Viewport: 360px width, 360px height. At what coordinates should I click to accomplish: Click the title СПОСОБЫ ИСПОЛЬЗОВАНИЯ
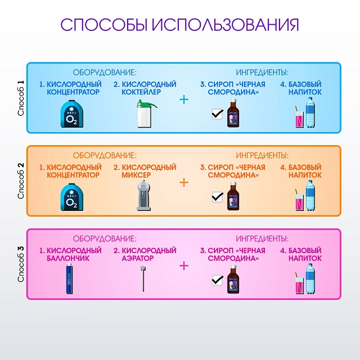coord(179,25)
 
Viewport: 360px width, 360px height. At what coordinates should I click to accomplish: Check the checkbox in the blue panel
coord(217,114)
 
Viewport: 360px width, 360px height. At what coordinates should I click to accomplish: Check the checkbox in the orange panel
coord(217,197)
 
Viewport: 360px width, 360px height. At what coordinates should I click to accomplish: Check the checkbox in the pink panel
coord(217,280)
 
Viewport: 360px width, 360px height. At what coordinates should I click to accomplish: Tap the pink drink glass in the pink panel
coord(298,284)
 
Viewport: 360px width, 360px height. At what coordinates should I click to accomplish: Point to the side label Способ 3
coord(21,264)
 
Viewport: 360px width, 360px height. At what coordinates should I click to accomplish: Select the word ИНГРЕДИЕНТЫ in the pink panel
coord(262,238)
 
